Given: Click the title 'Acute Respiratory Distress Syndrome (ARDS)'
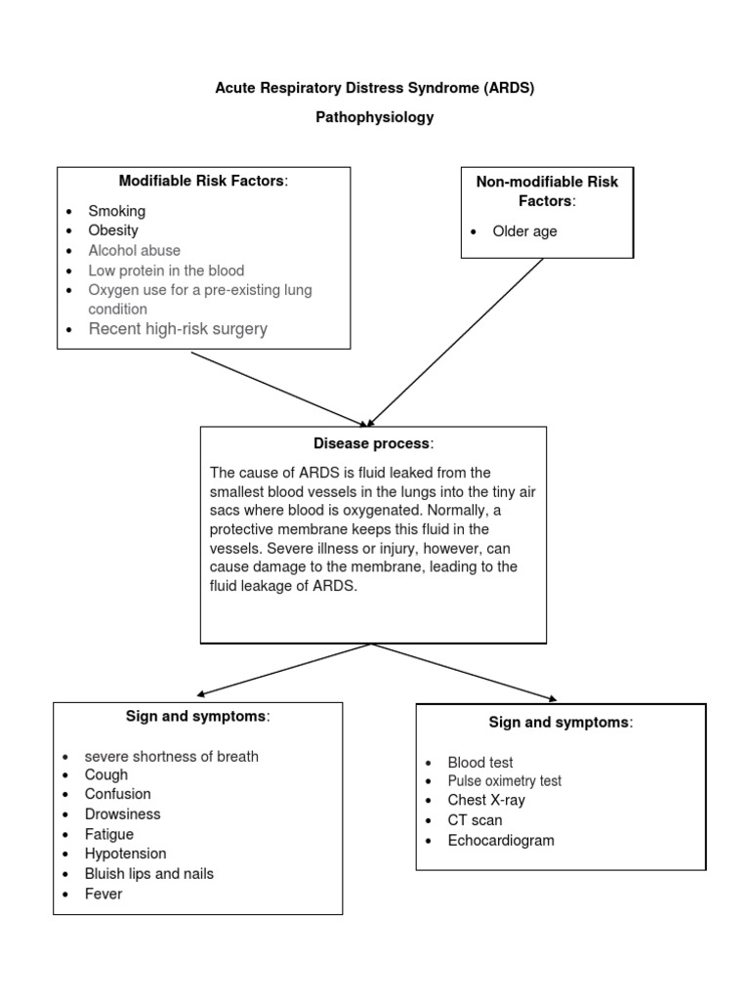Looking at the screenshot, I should (x=375, y=88).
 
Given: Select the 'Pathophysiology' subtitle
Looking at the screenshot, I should (x=375, y=117).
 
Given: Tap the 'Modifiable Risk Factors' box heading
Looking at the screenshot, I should (x=203, y=181).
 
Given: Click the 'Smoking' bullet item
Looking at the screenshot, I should (x=116, y=211).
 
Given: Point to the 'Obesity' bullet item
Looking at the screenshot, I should (x=113, y=230).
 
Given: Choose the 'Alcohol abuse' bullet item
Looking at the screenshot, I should (x=134, y=250).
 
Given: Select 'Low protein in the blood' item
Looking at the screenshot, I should (x=166, y=271).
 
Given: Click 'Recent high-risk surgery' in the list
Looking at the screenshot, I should (x=178, y=329).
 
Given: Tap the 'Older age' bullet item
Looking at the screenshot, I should (x=524, y=231).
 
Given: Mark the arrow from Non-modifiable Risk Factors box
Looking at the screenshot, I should (x=456, y=342).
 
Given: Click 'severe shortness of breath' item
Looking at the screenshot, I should (x=171, y=756).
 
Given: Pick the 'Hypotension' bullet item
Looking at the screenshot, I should (x=125, y=854).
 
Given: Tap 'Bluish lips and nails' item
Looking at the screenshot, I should (x=148, y=873).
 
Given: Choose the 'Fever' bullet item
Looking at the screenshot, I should (x=104, y=894).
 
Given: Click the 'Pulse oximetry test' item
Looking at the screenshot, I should (x=504, y=781).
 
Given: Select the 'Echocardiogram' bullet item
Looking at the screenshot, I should (x=500, y=840).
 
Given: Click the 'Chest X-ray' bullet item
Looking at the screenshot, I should (x=486, y=800).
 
